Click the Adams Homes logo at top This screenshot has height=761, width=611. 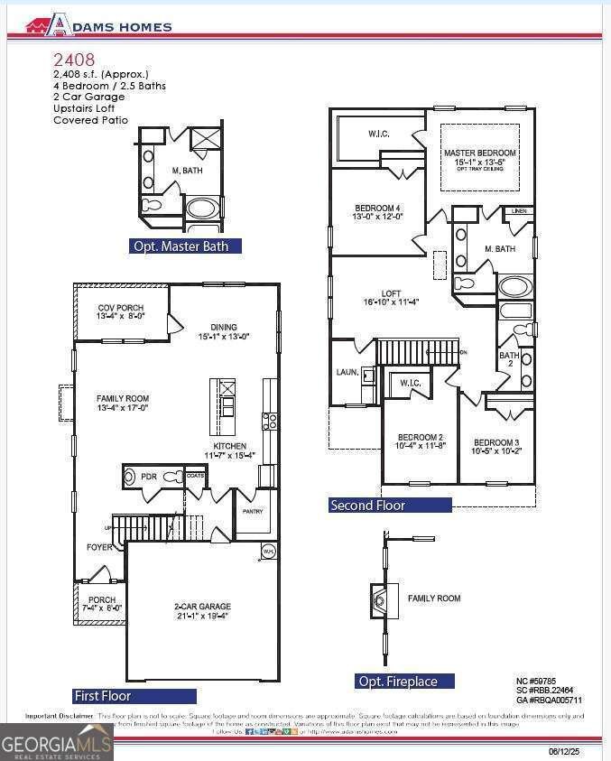pos(98,25)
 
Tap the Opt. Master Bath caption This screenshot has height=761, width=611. pos(187,246)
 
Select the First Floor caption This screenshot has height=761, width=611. pos(102,696)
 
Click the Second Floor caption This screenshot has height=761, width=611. pos(367,506)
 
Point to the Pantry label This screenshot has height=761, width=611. pos(252,511)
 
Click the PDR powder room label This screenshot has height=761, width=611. pos(148,476)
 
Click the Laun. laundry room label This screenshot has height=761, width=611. pos(347,371)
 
